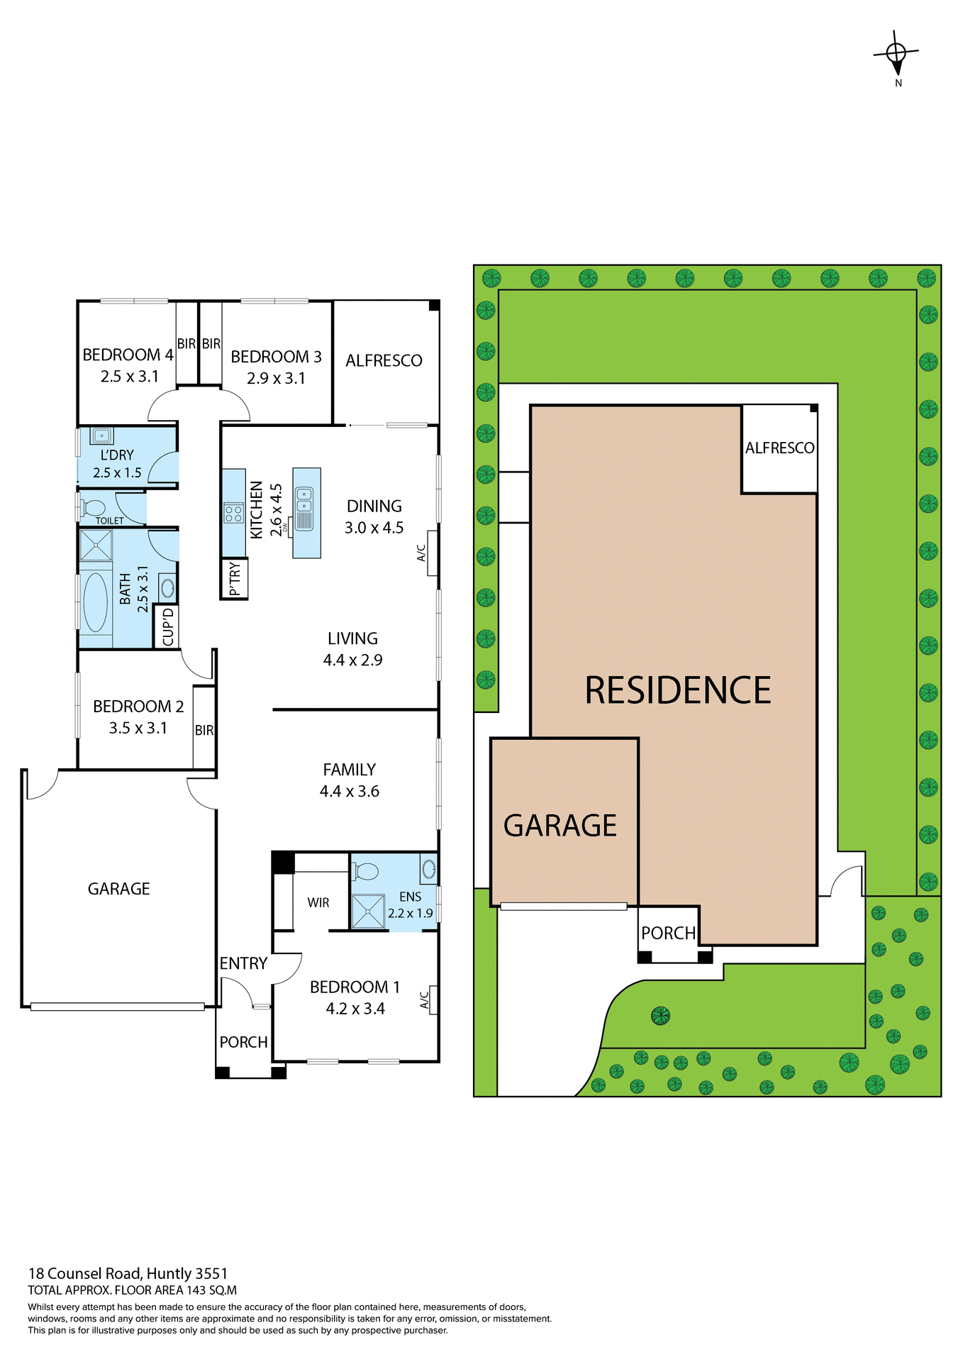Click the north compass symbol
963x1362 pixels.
tap(897, 54)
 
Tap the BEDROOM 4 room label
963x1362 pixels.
tap(128, 355)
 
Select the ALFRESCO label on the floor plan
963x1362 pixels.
tap(384, 360)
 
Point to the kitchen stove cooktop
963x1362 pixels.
tap(233, 512)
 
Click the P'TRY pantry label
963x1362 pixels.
tap(235, 579)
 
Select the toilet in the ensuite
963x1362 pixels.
tap(365, 870)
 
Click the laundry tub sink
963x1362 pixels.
tap(102, 436)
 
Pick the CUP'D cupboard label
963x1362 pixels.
tap(168, 627)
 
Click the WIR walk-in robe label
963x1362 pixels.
tap(318, 902)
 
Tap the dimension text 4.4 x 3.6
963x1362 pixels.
tap(350, 791)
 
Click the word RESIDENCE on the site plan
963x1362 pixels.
tap(677, 690)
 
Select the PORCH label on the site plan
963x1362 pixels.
tap(668, 933)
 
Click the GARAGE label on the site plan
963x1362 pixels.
tap(560, 825)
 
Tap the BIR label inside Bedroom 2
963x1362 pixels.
tap(204, 730)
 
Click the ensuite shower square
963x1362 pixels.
tap(368, 911)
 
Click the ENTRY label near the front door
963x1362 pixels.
tap(243, 963)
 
